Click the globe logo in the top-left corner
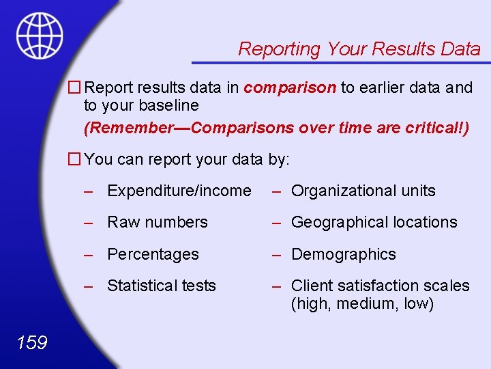point(40,36)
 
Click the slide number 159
point(31,342)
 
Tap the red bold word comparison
point(290,87)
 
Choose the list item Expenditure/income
point(179,191)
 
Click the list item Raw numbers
point(157,223)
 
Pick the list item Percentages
point(153,254)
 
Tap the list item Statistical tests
point(161,286)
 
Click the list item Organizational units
point(363,191)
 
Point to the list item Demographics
point(343,254)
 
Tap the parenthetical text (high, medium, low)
point(362,303)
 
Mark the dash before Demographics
point(276,254)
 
